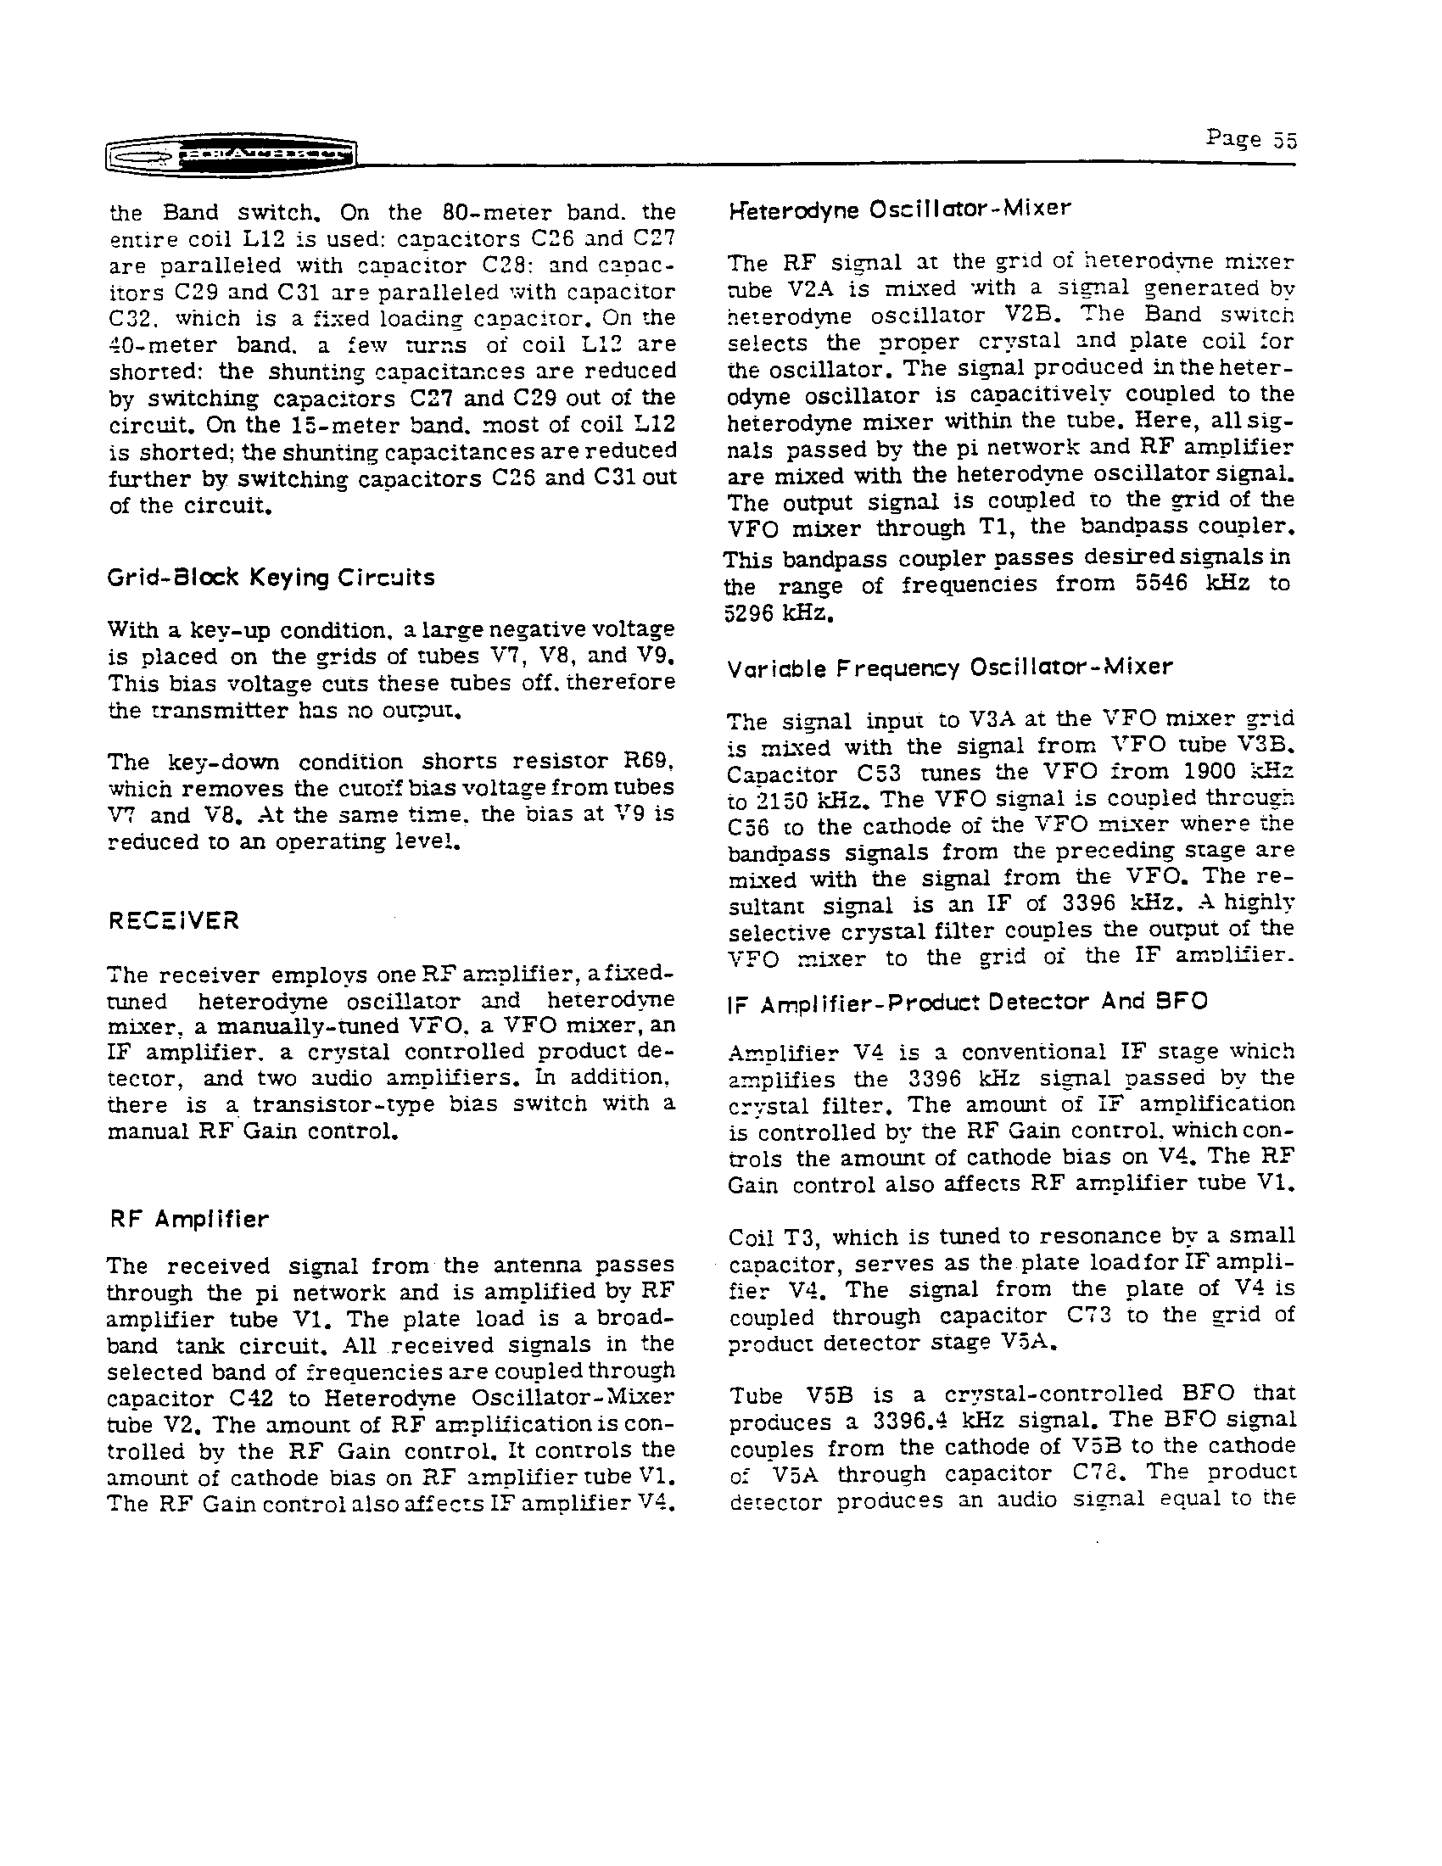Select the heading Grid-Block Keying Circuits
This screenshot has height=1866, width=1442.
click(271, 578)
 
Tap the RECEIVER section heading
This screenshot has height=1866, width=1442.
click(174, 920)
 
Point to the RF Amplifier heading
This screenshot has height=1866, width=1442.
click(189, 1219)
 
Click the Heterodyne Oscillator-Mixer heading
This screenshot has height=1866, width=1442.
click(898, 210)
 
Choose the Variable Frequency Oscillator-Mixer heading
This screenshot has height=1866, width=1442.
click(949, 668)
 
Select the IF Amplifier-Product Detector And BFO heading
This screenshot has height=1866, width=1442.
click(967, 1002)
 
